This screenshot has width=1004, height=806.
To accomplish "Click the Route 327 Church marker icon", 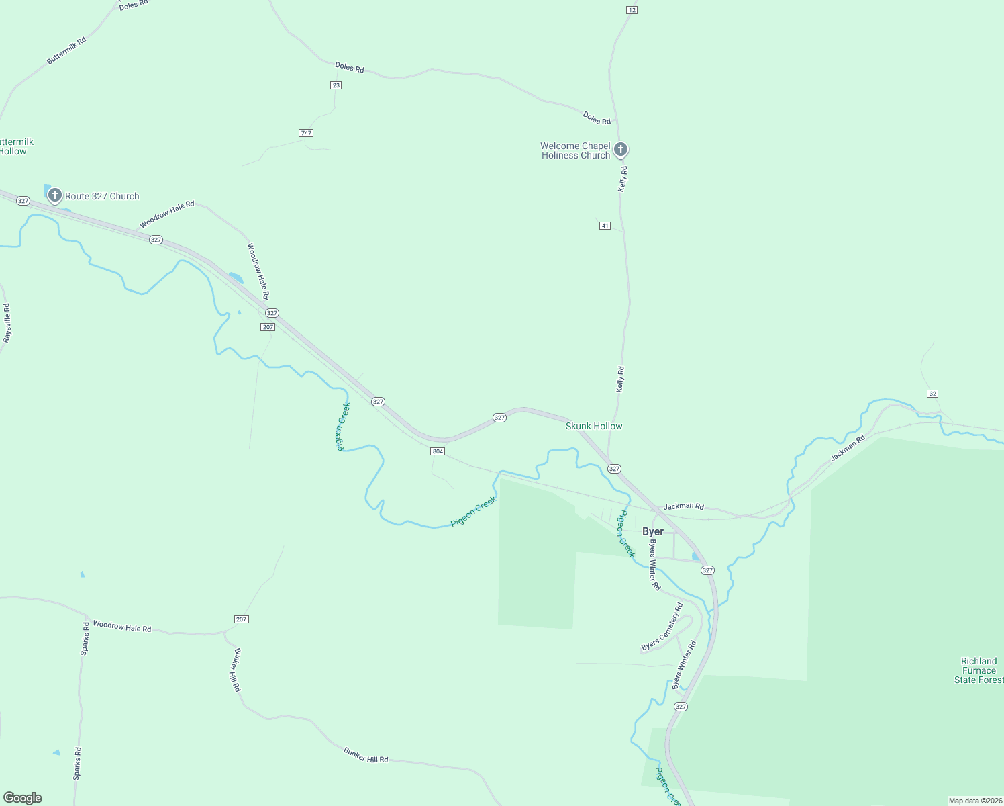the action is click(x=55, y=195).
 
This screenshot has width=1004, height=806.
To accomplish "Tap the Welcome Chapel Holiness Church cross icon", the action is click(x=621, y=149).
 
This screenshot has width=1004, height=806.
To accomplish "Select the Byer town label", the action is click(x=653, y=531).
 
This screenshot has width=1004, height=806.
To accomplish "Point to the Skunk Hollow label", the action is click(x=594, y=426).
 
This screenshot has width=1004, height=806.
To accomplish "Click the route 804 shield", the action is click(x=438, y=451).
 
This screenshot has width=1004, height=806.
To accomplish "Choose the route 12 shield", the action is click(x=632, y=10).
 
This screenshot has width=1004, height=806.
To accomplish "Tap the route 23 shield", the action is click(x=336, y=85).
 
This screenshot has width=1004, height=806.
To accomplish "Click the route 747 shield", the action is click(x=306, y=133).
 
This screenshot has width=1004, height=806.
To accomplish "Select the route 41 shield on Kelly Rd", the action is click(x=605, y=226).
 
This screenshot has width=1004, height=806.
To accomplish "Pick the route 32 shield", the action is click(x=932, y=394).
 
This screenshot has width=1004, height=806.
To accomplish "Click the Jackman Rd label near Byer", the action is click(x=683, y=506).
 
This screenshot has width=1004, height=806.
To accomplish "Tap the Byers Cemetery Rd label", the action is click(x=662, y=627).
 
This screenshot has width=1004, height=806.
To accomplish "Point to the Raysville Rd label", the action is click(x=7, y=323).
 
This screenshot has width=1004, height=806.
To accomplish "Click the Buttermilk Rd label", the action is click(x=66, y=51).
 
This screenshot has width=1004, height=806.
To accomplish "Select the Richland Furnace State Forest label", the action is click(x=979, y=670).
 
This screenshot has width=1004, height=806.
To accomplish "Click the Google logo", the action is click(x=23, y=798).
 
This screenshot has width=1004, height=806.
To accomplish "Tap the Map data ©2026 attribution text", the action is click(x=974, y=801).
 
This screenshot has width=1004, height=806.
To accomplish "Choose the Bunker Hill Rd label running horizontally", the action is click(x=366, y=755).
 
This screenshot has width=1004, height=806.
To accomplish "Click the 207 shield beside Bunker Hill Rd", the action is click(x=242, y=619).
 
